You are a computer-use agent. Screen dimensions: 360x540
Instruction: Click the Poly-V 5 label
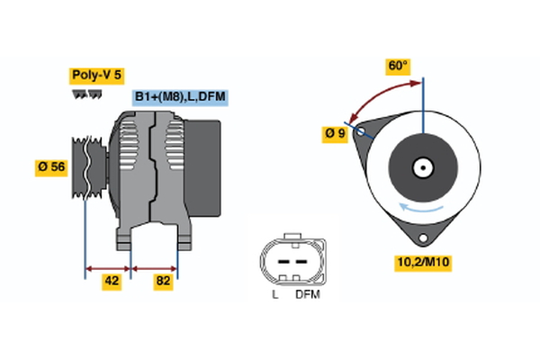[95, 76]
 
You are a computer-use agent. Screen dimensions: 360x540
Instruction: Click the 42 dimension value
[112, 281]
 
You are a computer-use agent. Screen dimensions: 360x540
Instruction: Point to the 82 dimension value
[162, 281]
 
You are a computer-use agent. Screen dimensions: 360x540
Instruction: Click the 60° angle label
[398, 67]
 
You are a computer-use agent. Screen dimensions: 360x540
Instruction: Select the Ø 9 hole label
[336, 134]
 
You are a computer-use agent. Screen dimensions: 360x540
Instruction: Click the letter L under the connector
[275, 294]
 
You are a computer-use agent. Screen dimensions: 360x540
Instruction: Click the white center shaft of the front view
[422, 166]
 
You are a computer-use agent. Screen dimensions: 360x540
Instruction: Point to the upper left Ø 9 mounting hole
[362, 132]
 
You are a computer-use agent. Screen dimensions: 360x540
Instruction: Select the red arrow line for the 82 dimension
[154, 267]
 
